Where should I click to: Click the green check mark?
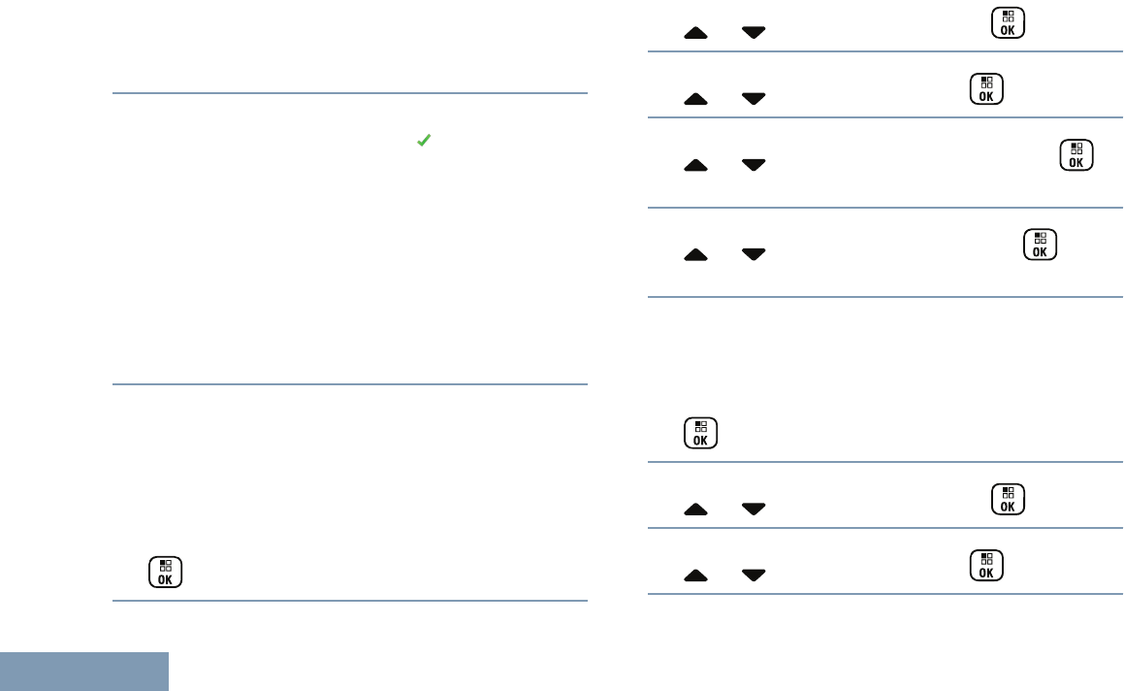pyautogui.click(x=423, y=142)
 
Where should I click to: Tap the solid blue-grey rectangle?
pyautogui.click(x=84, y=672)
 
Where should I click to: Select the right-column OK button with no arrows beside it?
pyautogui.click(x=700, y=434)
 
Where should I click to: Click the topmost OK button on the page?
pyautogui.click(x=1008, y=23)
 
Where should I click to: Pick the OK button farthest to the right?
pyautogui.click(x=1076, y=155)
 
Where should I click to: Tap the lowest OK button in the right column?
pyautogui.click(x=985, y=566)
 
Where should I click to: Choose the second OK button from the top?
pyautogui.click(x=985, y=88)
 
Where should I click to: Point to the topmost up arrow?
pyautogui.click(x=695, y=33)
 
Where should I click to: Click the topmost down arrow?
pyautogui.click(x=753, y=33)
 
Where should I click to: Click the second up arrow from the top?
pyautogui.click(x=695, y=98)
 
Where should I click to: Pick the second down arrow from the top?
pyautogui.click(x=753, y=98)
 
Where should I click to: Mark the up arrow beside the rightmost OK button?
pyautogui.click(x=695, y=166)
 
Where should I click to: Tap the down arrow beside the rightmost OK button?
pyautogui.click(x=753, y=166)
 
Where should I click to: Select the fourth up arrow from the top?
pyautogui.click(x=695, y=254)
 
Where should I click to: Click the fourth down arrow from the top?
pyautogui.click(x=753, y=254)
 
